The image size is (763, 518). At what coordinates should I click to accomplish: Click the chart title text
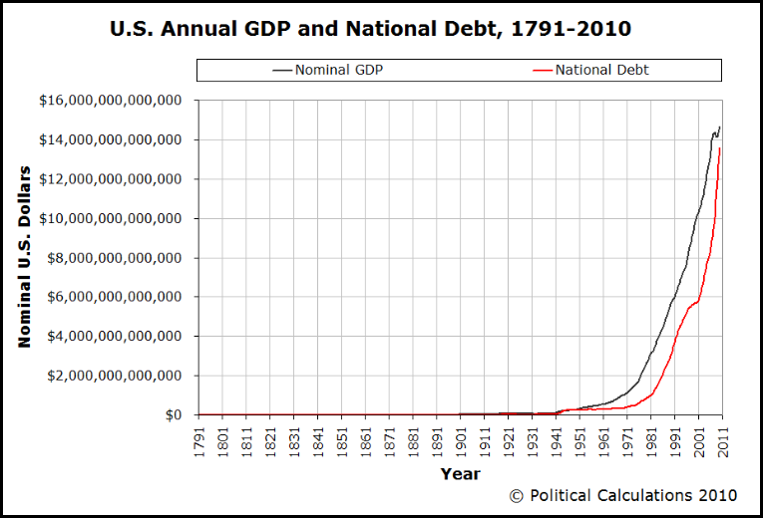[x=370, y=29]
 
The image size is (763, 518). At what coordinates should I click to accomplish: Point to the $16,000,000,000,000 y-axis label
[x=110, y=101]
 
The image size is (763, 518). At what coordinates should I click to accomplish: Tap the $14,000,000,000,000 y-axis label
[x=110, y=140]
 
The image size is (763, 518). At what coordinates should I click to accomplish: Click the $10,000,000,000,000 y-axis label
[x=110, y=219]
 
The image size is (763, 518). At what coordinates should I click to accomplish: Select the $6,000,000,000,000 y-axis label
[x=110, y=297]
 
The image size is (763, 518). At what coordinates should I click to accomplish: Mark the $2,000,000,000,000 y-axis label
[x=110, y=376]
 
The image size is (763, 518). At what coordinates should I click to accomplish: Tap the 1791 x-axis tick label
[x=199, y=441]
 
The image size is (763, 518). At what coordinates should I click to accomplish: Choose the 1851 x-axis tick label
[x=342, y=441]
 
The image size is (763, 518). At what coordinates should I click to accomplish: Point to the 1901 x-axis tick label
[x=461, y=441]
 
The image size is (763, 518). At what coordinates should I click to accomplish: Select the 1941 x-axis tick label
[x=557, y=441]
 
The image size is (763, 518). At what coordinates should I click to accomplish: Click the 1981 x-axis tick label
[x=651, y=441]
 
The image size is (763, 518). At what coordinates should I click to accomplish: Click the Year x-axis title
[x=460, y=474]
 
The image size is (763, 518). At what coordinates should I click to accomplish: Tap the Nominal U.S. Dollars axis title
[x=26, y=257]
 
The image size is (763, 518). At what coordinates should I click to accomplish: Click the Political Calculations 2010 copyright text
[x=623, y=495]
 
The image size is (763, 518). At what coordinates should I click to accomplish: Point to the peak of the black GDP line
[x=720, y=128]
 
